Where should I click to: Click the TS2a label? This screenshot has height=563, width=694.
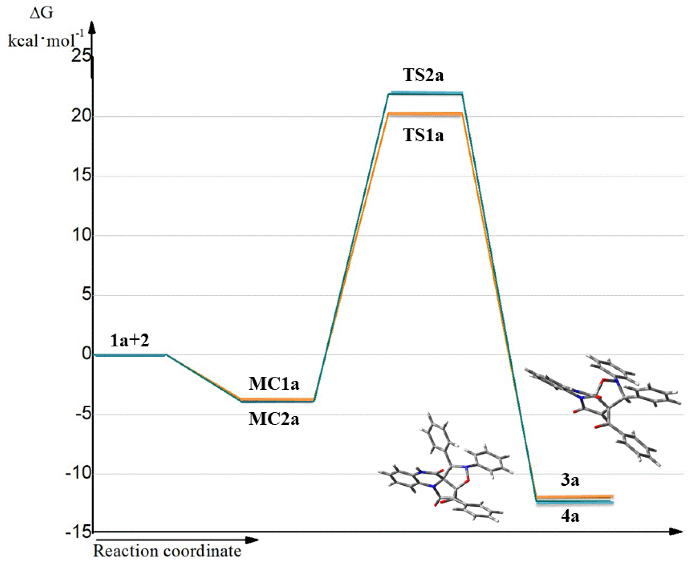[423, 75]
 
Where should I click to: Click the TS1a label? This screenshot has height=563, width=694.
[423, 135]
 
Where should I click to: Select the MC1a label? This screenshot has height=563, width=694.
[274, 384]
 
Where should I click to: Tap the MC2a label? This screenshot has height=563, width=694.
[274, 419]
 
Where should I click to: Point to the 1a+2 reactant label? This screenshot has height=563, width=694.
[130, 340]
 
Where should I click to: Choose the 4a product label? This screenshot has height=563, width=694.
[570, 516]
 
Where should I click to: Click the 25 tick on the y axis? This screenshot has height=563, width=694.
[81, 56]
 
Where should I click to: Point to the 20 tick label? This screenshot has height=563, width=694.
[81, 116]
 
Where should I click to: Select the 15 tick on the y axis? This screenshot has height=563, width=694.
[81, 176]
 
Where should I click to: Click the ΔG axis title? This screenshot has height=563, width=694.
[41, 13]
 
